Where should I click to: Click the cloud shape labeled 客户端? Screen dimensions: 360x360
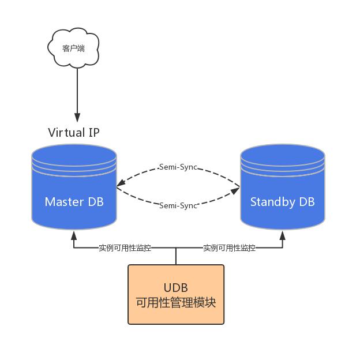(x=73, y=48)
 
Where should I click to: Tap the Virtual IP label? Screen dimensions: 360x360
(x=73, y=132)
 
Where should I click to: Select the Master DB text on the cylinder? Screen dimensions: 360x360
(x=74, y=202)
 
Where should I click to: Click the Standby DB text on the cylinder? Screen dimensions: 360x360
(x=283, y=202)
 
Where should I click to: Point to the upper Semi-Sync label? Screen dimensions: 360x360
(x=178, y=167)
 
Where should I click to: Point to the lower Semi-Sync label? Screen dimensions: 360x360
(x=178, y=205)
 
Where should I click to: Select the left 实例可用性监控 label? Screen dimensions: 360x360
(x=125, y=248)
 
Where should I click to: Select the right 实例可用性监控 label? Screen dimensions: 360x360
(x=229, y=248)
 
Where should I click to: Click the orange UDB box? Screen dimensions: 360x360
(x=176, y=294)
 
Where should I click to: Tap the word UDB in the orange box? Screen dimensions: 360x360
(x=176, y=287)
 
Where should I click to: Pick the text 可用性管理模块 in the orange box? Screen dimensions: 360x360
(x=176, y=302)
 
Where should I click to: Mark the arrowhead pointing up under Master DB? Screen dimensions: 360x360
(x=74, y=235)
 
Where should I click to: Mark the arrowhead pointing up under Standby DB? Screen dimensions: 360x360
(x=283, y=235)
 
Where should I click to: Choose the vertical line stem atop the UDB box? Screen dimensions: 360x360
(x=176, y=257)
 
